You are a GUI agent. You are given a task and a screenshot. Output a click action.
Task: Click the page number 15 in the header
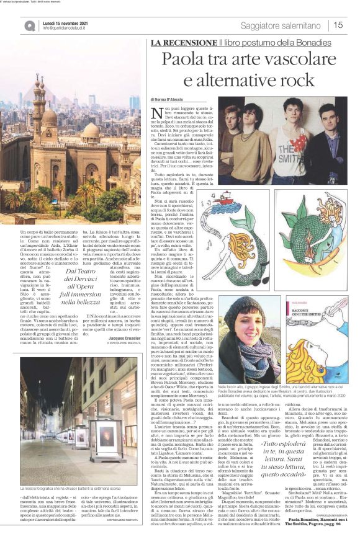point(338,25)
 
